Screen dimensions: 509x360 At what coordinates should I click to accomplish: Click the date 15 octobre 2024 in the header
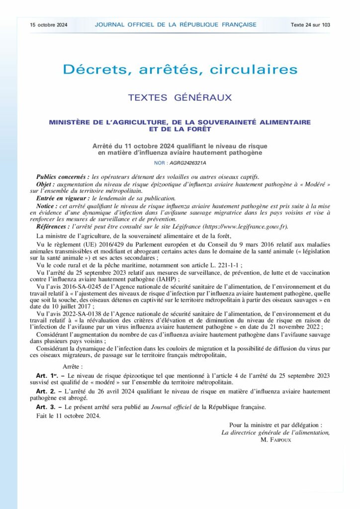pos(48,24)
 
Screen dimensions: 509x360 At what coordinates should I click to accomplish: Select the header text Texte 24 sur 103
pos(311,24)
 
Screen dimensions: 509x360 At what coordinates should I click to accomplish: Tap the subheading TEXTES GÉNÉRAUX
pos(180,98)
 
